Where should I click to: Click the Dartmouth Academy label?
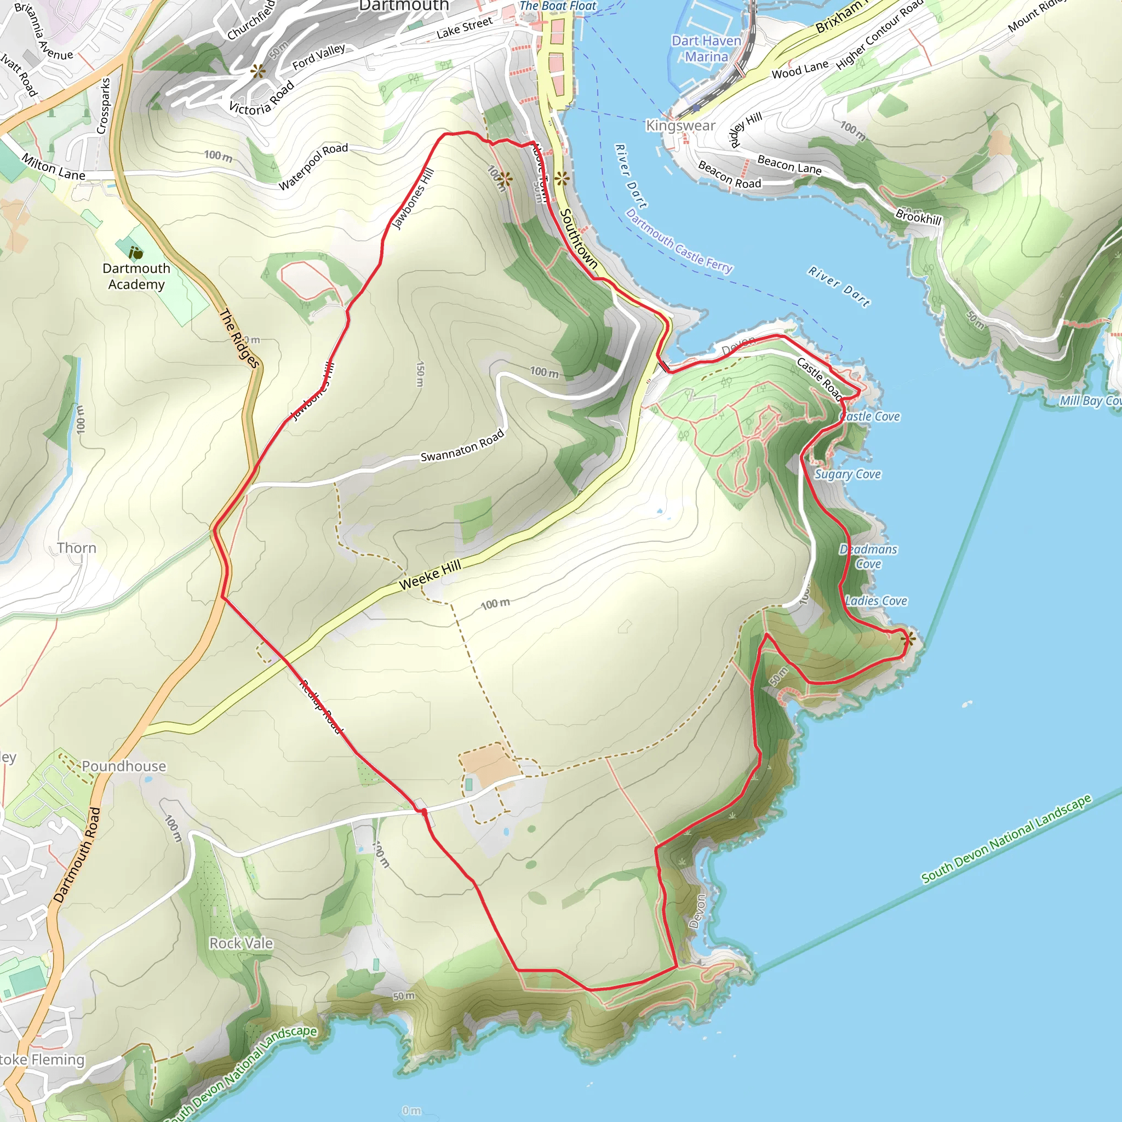(136, 277)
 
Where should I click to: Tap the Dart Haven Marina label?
(706, 49)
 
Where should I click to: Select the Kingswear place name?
(680, 125)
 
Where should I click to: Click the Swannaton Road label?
(462, 446)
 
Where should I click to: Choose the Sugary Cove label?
(848, 474)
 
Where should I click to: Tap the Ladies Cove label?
(876, 601)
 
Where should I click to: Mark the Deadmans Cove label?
(868, 557)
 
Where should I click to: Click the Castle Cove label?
(871, 416)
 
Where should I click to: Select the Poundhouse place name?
(124, 766)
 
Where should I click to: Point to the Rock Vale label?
(241, 943)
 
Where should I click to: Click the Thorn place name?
(77, 548)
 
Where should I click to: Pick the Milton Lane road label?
(54, 167)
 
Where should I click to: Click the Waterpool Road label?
(313, 166)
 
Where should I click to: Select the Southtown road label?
(578, 239)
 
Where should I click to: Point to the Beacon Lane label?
(789, 164)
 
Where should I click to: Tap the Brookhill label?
(918, 216)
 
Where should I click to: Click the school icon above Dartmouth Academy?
(135, 253)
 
